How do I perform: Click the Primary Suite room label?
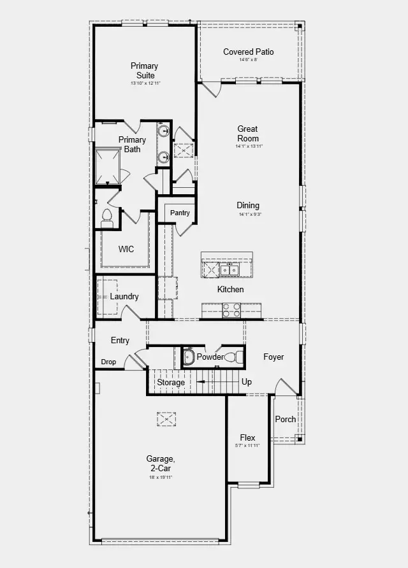click(x=144, y=71)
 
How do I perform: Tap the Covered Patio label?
click(x=248, y=52)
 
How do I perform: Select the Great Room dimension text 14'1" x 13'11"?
click(x=247, y=146)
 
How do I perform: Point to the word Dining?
click(x=248, y=205)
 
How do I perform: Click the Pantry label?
click(x=180, y=213)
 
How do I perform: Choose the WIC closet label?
click(x=126, y=249)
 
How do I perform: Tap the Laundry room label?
click(x=124, y=296)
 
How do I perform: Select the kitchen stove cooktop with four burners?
click(x=230, y=310)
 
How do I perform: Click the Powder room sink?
click(x=188, y=357)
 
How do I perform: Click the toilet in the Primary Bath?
click(x=106, y=217)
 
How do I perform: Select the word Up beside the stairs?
click(x=247, y=382)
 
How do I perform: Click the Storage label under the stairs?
click(x=171, y=382)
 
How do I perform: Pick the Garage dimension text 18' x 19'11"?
click(x=160, y=477)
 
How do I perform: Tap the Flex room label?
click(x=247, y=437)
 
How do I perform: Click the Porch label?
click(x=286, y=419)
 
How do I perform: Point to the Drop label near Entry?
click(x=108, y=362)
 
